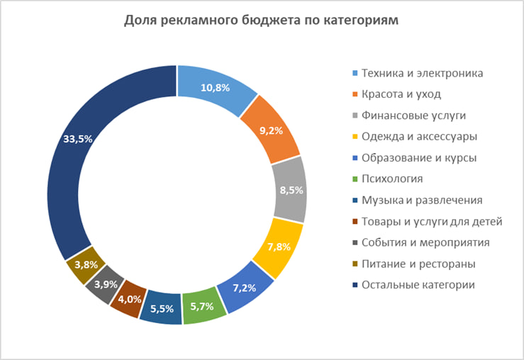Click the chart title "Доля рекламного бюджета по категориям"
tap(262, 20)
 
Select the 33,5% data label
tap(78, 139)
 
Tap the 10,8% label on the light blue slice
tap(216, 88)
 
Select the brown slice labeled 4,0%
tap(129, 300)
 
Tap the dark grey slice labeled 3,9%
tap(106, 283)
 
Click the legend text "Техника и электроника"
tap(422, 73)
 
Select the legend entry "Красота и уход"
tap(401, 94)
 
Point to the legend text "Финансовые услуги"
tap(411, 115)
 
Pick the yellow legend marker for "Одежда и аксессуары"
tap(354, 136)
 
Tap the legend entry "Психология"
tap(392, 179)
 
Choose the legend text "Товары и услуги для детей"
tap(431, 221)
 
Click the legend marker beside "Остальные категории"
tap(354, 285)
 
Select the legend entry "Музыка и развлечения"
tap(422, 200)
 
